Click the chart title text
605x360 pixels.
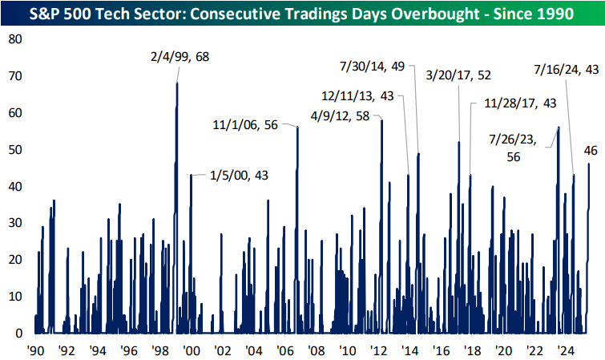tap(302, 14)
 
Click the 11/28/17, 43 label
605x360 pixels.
tap(521, 103)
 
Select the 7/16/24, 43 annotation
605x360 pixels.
tap(566, 70)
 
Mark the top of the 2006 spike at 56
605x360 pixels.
tap(298, 127)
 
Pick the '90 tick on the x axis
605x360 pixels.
tap(35, 350)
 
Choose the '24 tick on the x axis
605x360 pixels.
tap(566, 350)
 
